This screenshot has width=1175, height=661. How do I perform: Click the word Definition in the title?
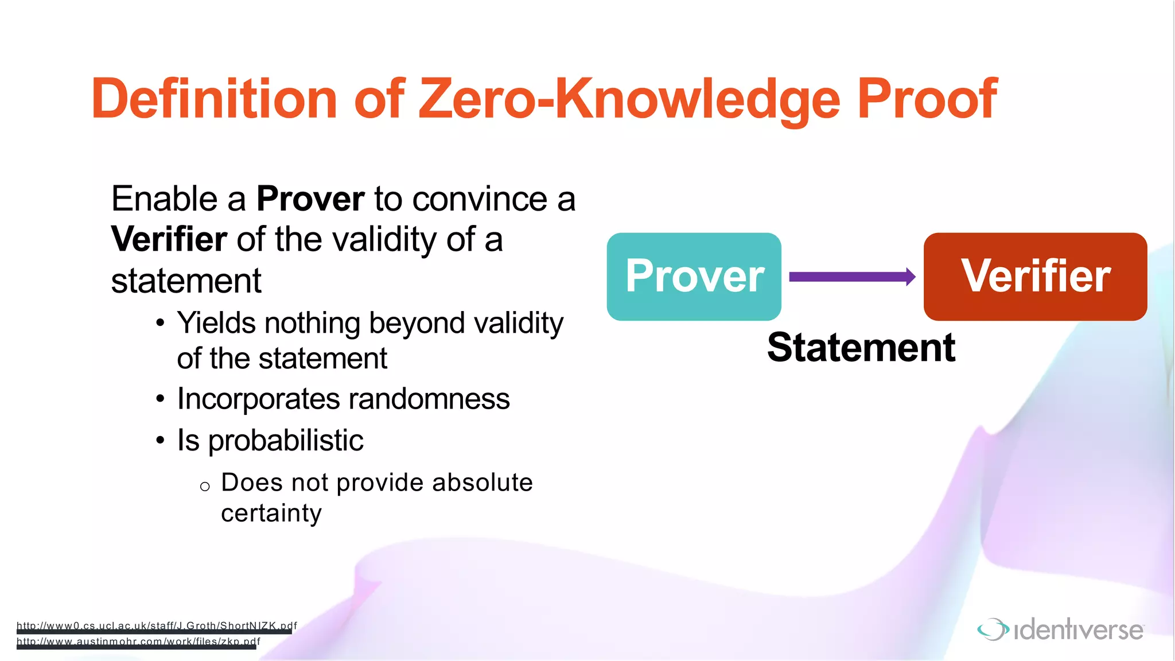tap(213, 99)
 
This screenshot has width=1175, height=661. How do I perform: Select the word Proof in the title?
tap(927, 99)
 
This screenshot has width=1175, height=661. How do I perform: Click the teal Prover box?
tap(694, 277)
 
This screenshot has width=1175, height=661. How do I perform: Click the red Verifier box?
tap(1035, 277)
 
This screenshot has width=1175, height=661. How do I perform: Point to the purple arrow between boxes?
tap(852, 277)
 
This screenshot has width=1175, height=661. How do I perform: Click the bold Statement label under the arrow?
tap(861, 348)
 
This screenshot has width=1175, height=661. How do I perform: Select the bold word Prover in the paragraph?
tap(310, 199)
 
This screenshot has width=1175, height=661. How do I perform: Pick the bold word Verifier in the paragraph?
tap(169, 239)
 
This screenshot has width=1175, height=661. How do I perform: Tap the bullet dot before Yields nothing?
tap(161, 323)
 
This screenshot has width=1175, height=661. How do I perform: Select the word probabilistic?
tap(285, 441)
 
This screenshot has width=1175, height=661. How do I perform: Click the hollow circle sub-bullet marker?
tap(205, 487)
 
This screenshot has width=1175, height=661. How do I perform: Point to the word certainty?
tap(271, 513)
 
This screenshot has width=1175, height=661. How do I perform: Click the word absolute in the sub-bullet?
tap(482, 483)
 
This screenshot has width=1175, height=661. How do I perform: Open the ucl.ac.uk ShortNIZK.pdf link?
tap(156, 626)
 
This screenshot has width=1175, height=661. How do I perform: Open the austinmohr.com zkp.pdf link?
tap(138, 641)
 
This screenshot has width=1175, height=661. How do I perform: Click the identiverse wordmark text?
tap(1079, 630)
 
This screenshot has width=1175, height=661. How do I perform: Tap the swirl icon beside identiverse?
tap(993, 629)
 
